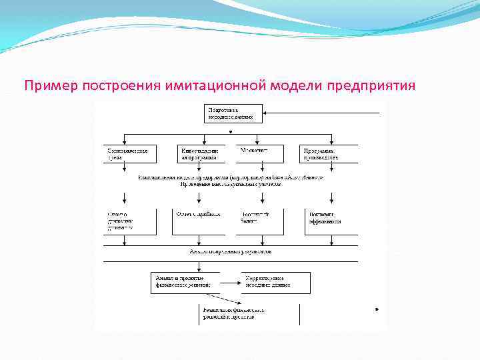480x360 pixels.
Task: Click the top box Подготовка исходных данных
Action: pos(233,113)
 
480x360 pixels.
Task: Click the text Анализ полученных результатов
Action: pos(230,252)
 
